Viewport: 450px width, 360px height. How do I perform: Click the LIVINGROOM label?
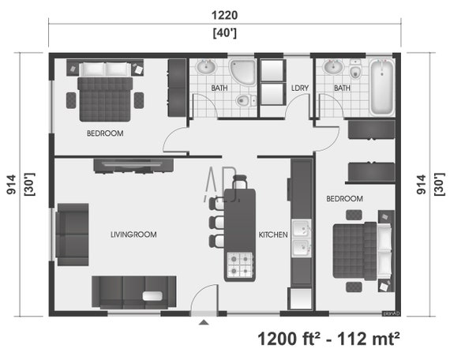pyautogui.click(x=133, y=234)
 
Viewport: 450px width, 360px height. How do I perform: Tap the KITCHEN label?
pyautogui.click(x=272, y=235)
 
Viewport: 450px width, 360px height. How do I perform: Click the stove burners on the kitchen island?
pyautogui.click(x=240, y=265)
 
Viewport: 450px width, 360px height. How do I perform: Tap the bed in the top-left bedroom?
pyautogui.click(x=105, y=91)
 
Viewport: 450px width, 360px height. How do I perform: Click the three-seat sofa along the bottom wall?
pyautogui.click(x=133, y=291)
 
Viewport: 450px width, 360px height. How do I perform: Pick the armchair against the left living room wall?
pyautogui.click(x=72, y=234)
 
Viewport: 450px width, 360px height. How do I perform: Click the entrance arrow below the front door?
pyautogui.click(x=204, y=322)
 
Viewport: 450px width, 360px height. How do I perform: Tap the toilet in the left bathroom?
pyautogui.click(x=244, y=100)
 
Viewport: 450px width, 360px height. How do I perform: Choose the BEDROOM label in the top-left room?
pyautogui.click(x=105, y=133)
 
